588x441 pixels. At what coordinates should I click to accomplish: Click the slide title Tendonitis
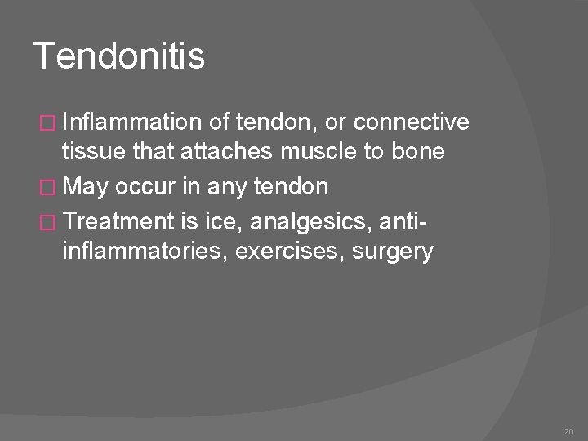[119, 58]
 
